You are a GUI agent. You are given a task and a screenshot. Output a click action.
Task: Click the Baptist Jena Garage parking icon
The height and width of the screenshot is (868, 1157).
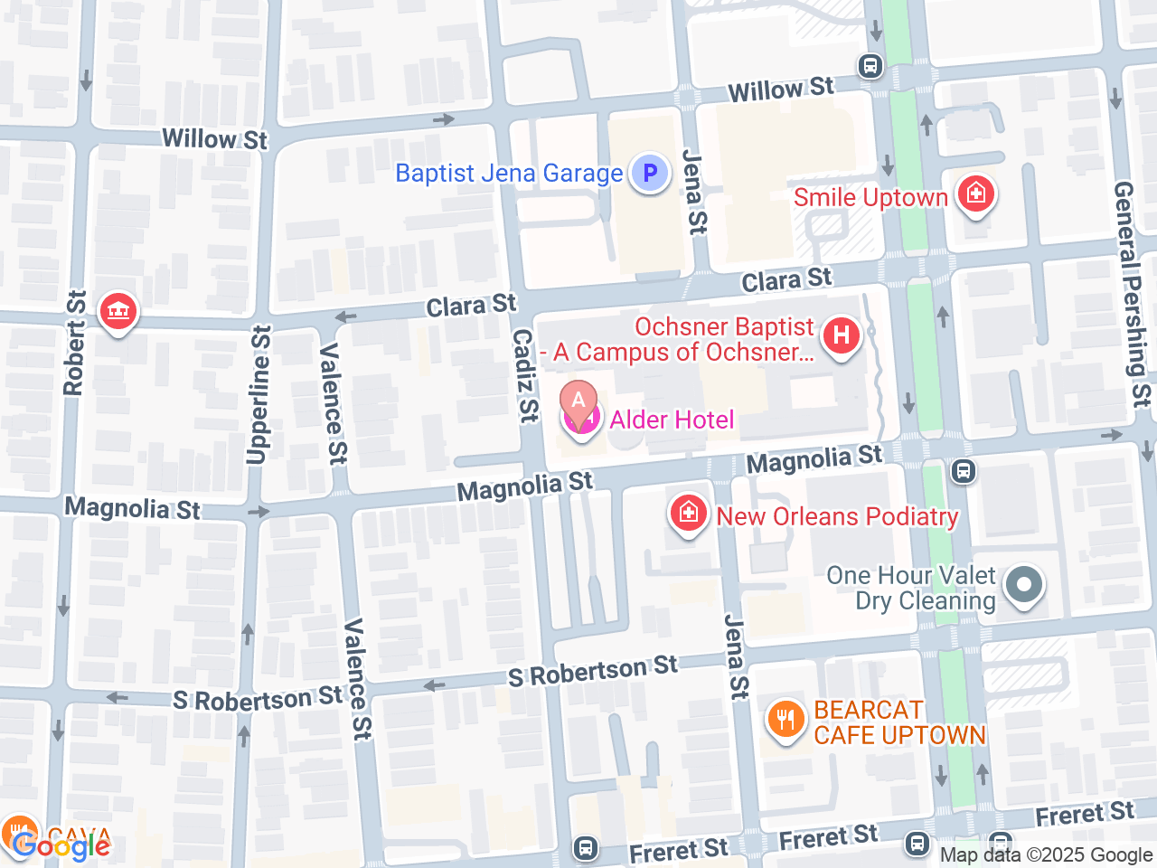(x=649, y=173)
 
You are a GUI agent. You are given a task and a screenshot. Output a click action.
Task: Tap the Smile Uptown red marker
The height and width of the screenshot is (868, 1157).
(x=975, y=193)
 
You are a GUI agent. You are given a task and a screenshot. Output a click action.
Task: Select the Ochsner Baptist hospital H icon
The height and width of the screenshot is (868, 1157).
(x=841, y=335)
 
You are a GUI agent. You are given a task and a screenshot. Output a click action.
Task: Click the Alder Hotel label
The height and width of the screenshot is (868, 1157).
(x=672, y=420)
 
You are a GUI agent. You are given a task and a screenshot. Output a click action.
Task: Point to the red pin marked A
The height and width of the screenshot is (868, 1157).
(x=578, y=401)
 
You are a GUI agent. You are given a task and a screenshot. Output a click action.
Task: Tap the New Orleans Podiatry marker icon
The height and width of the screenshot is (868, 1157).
(x=688, y=514)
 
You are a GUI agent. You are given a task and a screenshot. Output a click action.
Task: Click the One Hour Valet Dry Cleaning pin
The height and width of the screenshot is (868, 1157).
(x=1023, y=584)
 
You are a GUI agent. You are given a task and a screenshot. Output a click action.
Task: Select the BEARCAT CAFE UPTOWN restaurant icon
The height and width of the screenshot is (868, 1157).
(x=785, y=721)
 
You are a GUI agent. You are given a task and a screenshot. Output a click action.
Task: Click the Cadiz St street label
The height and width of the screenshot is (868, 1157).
(x=525, y=375)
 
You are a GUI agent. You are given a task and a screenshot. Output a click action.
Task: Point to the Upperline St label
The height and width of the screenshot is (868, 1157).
(x=259, y=394)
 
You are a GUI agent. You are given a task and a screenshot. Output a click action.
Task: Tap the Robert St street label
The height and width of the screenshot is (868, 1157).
(x=74, y=343)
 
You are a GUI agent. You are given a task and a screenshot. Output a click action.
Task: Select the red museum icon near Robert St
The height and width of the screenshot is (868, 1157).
(x=118, y=312)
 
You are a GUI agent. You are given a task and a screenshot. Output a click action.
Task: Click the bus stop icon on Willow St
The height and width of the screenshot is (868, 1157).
(x=870, y=66)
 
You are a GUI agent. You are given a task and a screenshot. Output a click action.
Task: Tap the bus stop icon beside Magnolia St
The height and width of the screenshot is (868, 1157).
(x=964, y=470)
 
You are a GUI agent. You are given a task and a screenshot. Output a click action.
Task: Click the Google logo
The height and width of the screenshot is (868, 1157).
(x=61, y=846)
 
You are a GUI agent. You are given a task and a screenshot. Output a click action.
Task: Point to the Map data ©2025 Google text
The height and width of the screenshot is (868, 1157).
(x=1046, y=854)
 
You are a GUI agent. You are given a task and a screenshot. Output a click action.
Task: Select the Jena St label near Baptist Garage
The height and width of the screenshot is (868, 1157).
(x=694, y=193)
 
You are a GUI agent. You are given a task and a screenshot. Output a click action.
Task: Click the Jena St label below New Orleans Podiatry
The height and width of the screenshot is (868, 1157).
(x=737, y=657)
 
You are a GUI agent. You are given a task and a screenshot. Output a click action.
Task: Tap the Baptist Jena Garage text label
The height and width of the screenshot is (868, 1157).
(x=509, y=173)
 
